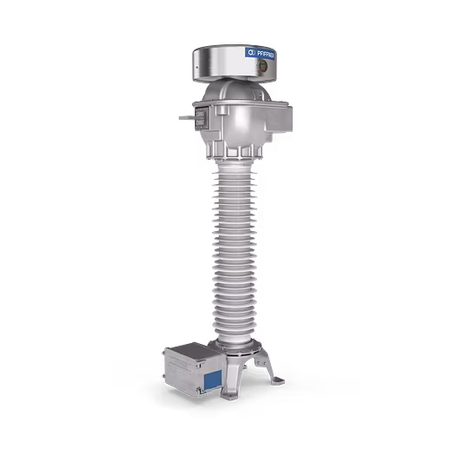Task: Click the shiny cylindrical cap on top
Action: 226,59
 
